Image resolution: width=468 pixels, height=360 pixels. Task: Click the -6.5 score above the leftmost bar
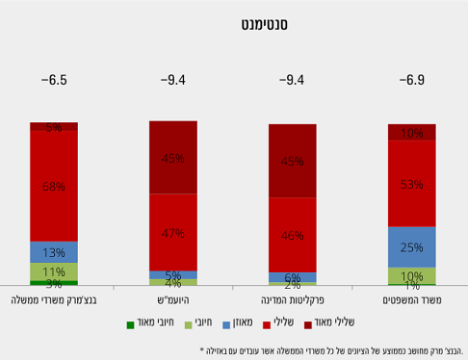54,81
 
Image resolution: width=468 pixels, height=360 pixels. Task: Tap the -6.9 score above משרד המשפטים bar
411,81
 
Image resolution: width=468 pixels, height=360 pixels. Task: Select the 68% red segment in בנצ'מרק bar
54,186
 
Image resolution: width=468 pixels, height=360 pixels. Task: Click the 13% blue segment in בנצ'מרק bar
54,252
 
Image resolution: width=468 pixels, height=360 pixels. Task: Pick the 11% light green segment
54,271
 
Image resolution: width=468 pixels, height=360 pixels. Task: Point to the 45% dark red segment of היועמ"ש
173,158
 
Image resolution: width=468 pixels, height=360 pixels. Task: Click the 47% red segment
173,232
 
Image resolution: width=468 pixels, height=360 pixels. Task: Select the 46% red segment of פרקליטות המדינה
293,234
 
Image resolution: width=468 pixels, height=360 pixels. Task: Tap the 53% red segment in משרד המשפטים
411,183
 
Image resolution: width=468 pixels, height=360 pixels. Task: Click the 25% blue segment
411,246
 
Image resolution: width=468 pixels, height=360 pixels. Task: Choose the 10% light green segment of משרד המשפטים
411,275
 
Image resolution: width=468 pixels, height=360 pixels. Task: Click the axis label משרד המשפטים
411,301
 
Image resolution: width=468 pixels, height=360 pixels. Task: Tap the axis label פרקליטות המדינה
293,301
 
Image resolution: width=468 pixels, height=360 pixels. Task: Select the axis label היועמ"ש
173,301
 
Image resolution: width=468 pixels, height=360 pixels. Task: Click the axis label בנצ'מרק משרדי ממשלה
54,301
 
